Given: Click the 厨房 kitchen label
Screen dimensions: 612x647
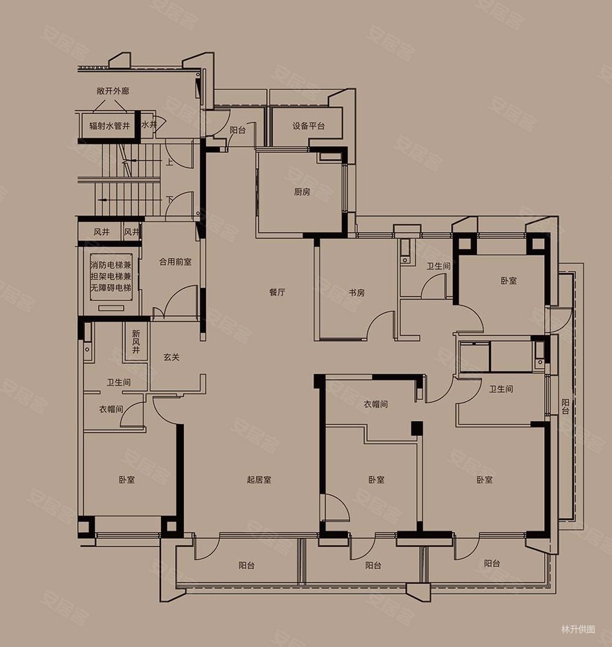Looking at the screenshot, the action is coord(303,192).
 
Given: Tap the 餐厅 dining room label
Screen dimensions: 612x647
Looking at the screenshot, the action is coord(278,292).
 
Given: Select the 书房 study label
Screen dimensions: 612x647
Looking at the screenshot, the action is coord(357,292).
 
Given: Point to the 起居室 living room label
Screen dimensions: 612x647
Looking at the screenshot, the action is coord(259,479).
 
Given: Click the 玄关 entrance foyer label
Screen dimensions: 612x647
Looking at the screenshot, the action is coord(171,357).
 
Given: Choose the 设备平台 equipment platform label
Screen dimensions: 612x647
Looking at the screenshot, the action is coord(309,126).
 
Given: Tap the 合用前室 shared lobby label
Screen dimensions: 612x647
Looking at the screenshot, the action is coord(175,261).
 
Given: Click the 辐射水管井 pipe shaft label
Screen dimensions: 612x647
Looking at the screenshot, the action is coord(110,126).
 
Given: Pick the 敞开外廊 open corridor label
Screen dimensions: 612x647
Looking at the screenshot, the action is coord(113,91).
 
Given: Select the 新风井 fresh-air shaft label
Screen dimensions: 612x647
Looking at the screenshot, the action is coord(137,342).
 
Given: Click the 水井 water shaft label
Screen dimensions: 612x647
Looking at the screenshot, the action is coord(149,124).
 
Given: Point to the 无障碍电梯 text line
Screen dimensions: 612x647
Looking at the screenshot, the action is coord(111,288).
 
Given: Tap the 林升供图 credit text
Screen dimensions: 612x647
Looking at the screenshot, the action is coord(578,630).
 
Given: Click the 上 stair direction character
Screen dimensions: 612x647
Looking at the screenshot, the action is coord(169,162).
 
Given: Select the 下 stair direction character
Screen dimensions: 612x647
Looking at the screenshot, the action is coord(169,200).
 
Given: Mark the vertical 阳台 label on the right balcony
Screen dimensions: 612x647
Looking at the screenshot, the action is coord(565,406).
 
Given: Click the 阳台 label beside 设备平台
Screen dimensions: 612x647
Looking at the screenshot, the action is coord(237,131).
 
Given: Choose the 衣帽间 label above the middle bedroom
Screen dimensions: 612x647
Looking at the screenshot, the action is coord(375,404).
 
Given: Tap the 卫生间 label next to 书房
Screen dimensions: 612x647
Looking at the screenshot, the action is coord(438,266).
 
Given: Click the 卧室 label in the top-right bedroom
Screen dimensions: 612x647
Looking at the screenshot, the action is coord(509,281).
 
